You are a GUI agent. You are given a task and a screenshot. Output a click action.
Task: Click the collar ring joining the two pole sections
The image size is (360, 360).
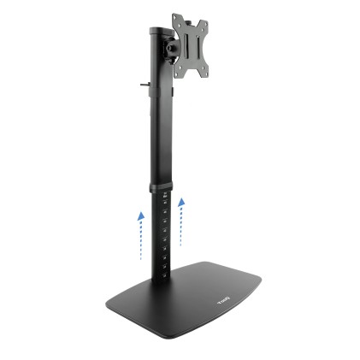[162, 187]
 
